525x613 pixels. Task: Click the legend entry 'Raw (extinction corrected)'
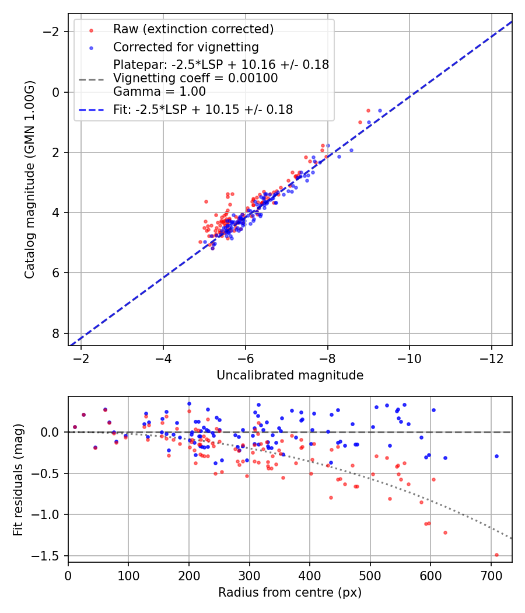(x=193, y=29)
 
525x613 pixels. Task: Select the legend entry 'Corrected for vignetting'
(x=185, y=47)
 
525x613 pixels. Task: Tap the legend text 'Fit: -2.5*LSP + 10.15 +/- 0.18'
(x=203, y=109)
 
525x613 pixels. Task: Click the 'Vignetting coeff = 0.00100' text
(x=195, y=78)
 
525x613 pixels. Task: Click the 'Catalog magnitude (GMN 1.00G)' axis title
(x=30, y=179)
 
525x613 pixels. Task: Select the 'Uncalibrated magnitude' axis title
(x=290, y=375)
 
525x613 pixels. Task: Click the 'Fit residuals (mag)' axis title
(x=18, y=479)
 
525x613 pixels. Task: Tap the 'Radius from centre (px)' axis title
(x=290, y=593)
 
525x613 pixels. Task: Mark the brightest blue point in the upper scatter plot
(x=380, y=110)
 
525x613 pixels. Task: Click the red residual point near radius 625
(x=445, y=532)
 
